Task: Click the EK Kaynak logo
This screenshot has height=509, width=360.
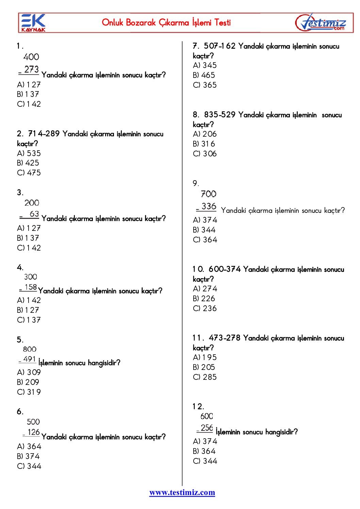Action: click(33, 23)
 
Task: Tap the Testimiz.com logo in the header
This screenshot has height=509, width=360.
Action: click(321, 23)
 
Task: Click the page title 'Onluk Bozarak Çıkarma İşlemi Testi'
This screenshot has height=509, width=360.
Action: click(166, 23)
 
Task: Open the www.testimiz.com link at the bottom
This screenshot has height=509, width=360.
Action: click(182, 492)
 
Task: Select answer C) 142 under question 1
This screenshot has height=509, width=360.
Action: click(29, 104)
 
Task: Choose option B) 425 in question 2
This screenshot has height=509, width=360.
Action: click(28, 163)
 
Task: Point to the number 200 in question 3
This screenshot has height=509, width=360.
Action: click(32, 203)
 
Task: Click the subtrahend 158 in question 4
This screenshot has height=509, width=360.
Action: click(31, 287)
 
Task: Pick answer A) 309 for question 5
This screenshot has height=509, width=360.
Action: click(29, 372)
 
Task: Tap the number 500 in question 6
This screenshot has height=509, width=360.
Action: click(33, 422)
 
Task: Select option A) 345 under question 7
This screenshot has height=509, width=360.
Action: click(204, 65)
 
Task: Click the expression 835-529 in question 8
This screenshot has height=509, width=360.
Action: click(219, 115)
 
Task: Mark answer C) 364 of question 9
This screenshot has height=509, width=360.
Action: click(205, 240)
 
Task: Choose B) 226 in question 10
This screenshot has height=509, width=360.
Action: click(204, 299)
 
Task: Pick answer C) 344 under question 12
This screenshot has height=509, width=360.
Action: click(205, 461)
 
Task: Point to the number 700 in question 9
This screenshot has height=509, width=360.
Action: click(208, 194)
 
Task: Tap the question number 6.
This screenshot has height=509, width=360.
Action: click(20, 412)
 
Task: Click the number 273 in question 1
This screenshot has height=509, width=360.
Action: click(31, 70)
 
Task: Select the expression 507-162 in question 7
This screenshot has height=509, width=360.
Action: click(219, 46)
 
